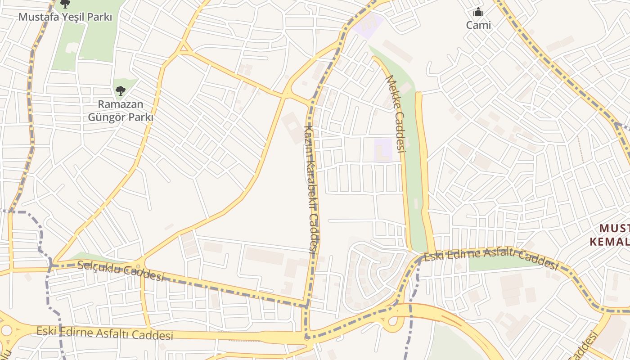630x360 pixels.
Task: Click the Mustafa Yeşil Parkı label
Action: pyautogui.click(x=65, y=17)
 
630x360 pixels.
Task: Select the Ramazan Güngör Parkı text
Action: pyautogui.click(x=121, y=111)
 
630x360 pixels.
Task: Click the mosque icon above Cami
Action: pyautogui.click(x=478, y=12)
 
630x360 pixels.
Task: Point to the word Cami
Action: pyautogui.click(x=478, y=25)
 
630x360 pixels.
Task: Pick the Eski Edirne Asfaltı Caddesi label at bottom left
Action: pyautogui.click(x=104, y=333)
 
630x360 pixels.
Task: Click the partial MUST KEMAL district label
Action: pyautogui.click(x=609, y=235)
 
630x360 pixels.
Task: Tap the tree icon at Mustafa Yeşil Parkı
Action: pyautogui.click(x=65, y=4)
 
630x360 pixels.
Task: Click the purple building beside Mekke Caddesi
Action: pyautogui.click(x=383, y=150)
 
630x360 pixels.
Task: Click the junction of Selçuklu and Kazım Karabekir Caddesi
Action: pyautogui.click(x=307, y=306)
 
